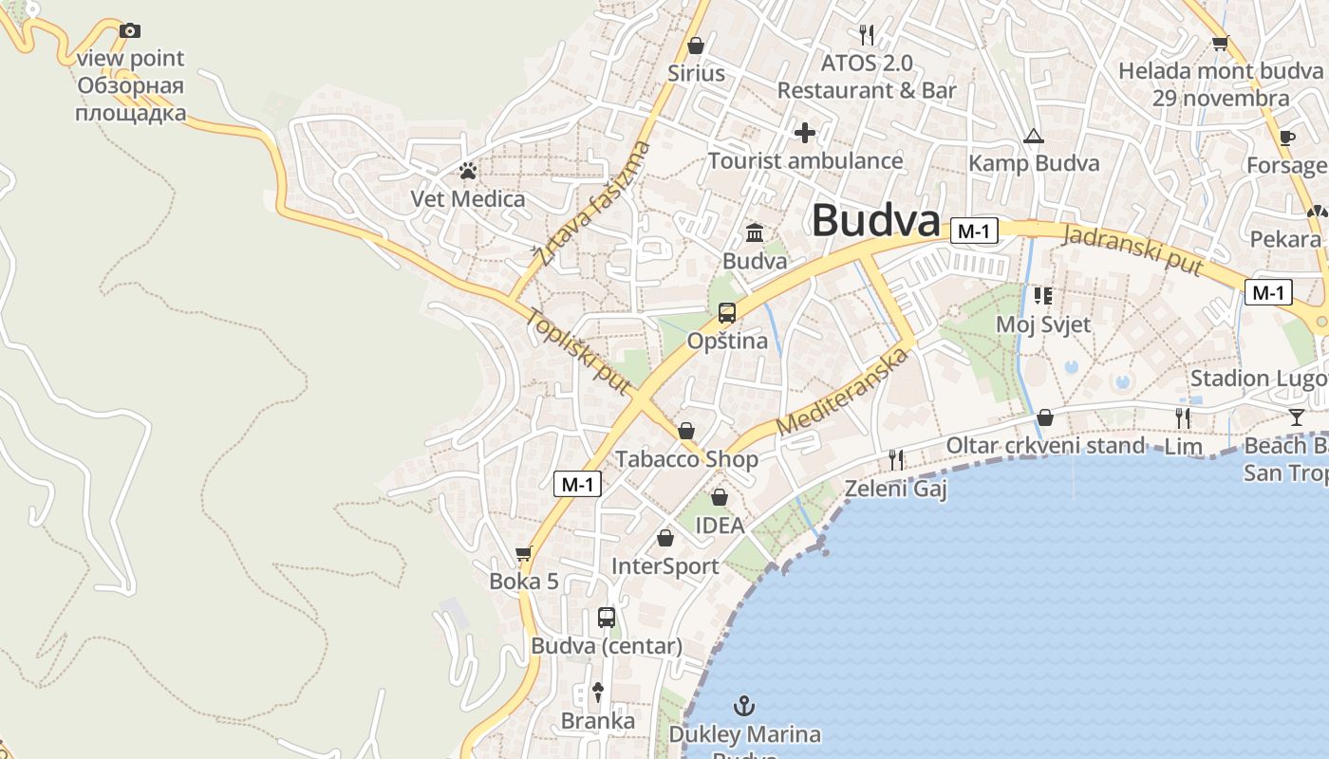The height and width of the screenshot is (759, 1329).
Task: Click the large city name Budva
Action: [875, 220]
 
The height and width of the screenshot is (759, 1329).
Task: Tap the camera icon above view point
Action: [130, 30]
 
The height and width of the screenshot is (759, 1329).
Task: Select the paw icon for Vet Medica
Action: [468, 171]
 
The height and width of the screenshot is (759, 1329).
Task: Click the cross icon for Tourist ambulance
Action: [805, 132]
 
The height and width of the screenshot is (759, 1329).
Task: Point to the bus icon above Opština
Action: [727, 313]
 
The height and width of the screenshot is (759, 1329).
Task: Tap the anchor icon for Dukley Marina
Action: [745, 705]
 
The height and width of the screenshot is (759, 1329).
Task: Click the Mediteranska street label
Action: [842, 392]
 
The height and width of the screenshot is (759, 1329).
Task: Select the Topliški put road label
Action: [579, 351]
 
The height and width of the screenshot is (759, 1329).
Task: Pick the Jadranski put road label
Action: [1132, 250]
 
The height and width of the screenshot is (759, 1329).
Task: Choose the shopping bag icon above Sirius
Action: [696, 46]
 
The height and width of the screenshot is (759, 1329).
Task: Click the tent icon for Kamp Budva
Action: [1034, 136]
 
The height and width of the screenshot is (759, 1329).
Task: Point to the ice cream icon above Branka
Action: [598, 692]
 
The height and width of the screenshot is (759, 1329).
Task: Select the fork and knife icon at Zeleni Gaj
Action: [896, 460]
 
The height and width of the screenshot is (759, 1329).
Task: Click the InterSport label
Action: [664, 566]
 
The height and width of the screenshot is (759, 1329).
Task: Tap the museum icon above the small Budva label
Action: [755, 232]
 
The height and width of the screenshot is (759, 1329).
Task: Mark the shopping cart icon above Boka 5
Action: [523, 553]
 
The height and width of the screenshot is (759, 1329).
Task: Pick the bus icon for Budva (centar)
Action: [607, 618]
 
